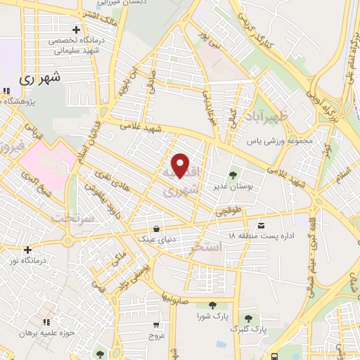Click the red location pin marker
181,165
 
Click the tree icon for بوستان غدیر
233,174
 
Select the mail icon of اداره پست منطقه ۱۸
262,226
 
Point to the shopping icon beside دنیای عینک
156,228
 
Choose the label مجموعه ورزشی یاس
279,141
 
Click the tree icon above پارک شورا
212,305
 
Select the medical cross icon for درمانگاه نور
27,250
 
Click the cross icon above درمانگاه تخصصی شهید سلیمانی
76,30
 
